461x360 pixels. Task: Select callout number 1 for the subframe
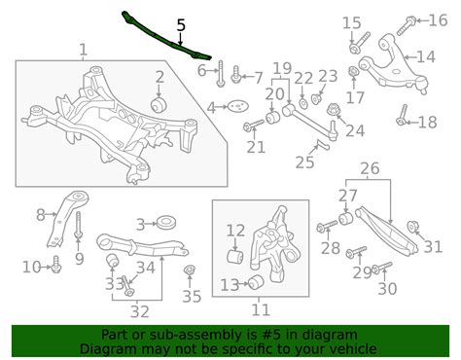click(x=83, y=50)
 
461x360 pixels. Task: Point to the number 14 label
click(x=425, y=55)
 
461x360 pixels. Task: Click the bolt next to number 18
click(x=401, y=122)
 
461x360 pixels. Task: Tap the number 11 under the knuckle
click(x=261, y=311)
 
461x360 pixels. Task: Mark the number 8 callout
click(x=41, y=215)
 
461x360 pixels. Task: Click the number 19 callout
click(x=281, y=69)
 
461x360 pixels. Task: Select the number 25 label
click(x=304, y=162)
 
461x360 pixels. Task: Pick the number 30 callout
click(x=387, y=288)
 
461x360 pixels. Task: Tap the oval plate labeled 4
click(x=234, y=108)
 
